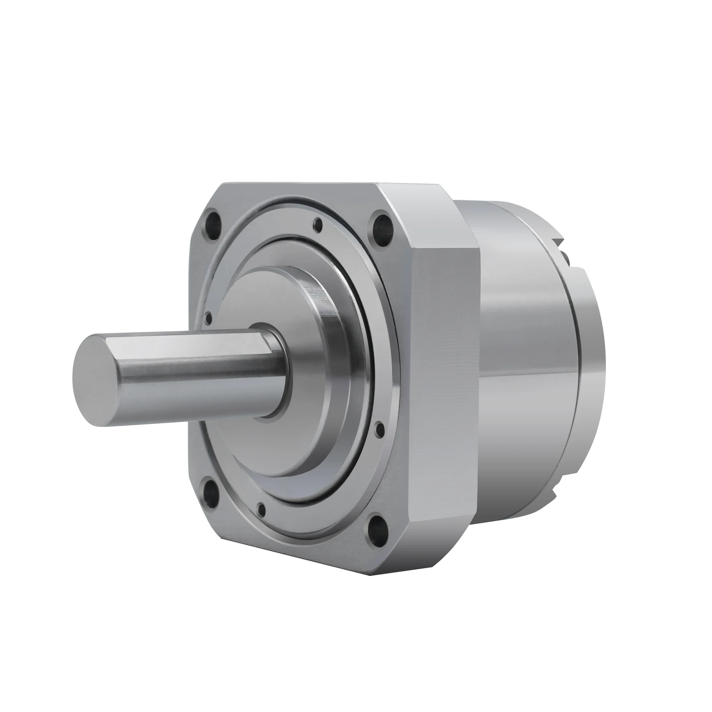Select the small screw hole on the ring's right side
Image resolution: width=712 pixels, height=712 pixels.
tap(380, 429)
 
